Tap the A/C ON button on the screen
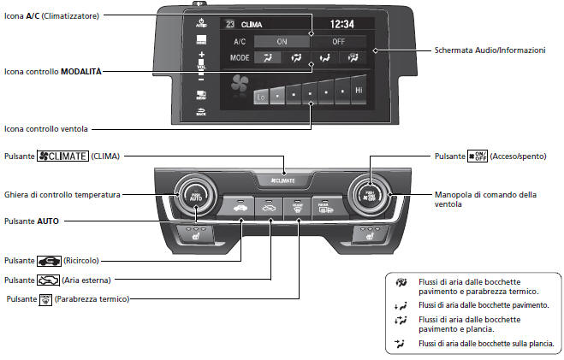coord(281,40)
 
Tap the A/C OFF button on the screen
coord(337,40)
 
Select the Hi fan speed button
coord(359,89)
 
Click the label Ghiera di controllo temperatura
coord(61,195)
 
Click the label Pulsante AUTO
coord(32,221)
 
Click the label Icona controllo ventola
coord(46,129)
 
